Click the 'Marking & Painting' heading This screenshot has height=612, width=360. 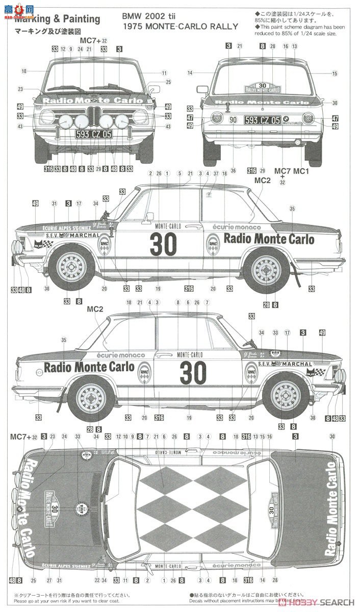(57, 19)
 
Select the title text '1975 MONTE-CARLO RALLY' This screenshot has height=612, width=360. (179, 27)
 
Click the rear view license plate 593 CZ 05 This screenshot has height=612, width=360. (262, 120)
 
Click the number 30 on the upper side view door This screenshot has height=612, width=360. (163, 244)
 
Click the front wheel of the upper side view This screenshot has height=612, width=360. (72, 268)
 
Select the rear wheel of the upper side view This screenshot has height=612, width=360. (267, 267)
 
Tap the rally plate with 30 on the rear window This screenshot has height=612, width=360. (263, 87)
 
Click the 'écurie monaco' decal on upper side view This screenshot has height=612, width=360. (236, 226)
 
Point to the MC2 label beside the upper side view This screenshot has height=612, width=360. (262, 181)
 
